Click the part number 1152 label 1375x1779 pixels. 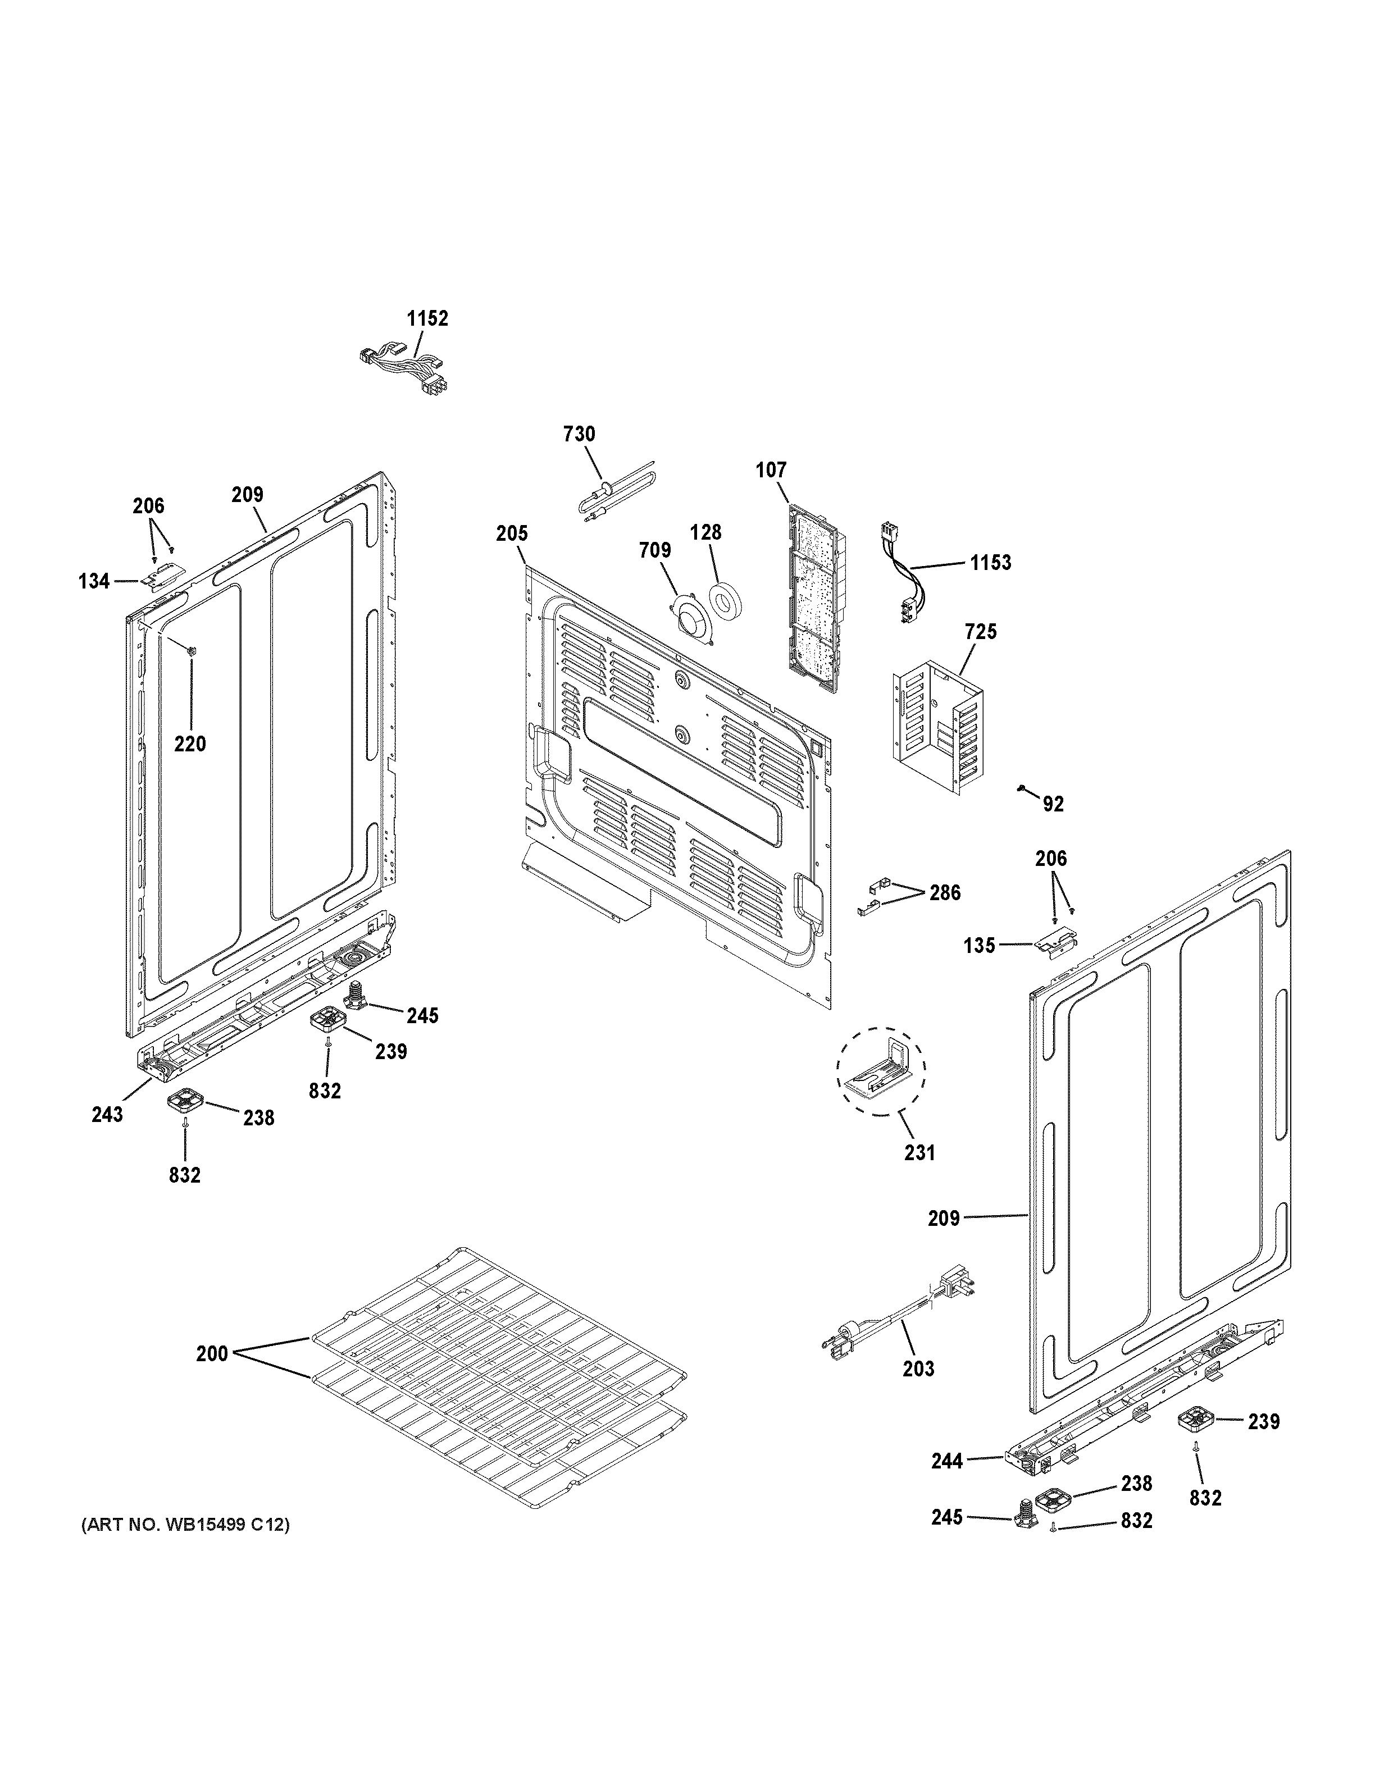click(427, 318)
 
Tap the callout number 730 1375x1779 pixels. click(579, 434)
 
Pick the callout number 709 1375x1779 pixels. click(655, 551)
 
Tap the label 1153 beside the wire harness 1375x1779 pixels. click(990, 562)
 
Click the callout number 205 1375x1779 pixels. click(512, 533)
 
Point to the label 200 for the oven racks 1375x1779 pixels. click(212, 1354)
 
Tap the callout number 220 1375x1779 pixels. click(190, 743)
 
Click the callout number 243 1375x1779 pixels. click(107, 1114)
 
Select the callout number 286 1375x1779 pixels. click(944, 893)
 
